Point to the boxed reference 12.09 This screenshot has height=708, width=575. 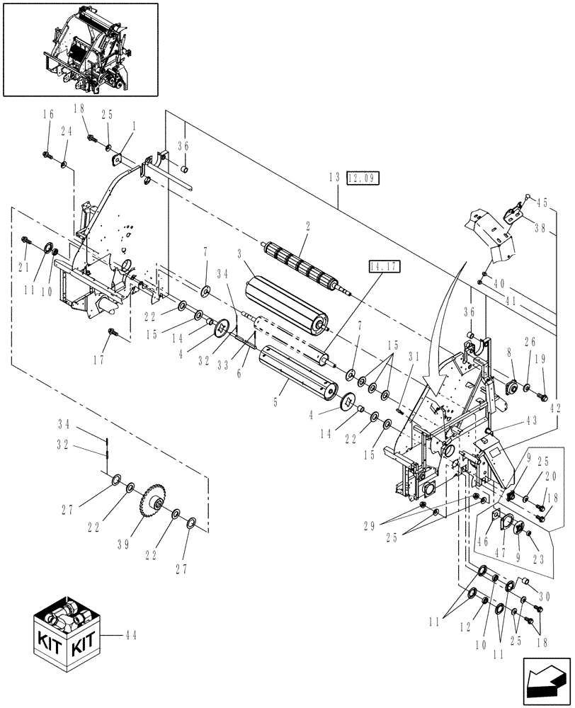click(363, 178)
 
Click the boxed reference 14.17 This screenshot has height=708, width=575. click(383, 267)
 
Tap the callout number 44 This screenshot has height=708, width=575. click(130, 635)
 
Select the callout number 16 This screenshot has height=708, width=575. click(47, 115)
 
